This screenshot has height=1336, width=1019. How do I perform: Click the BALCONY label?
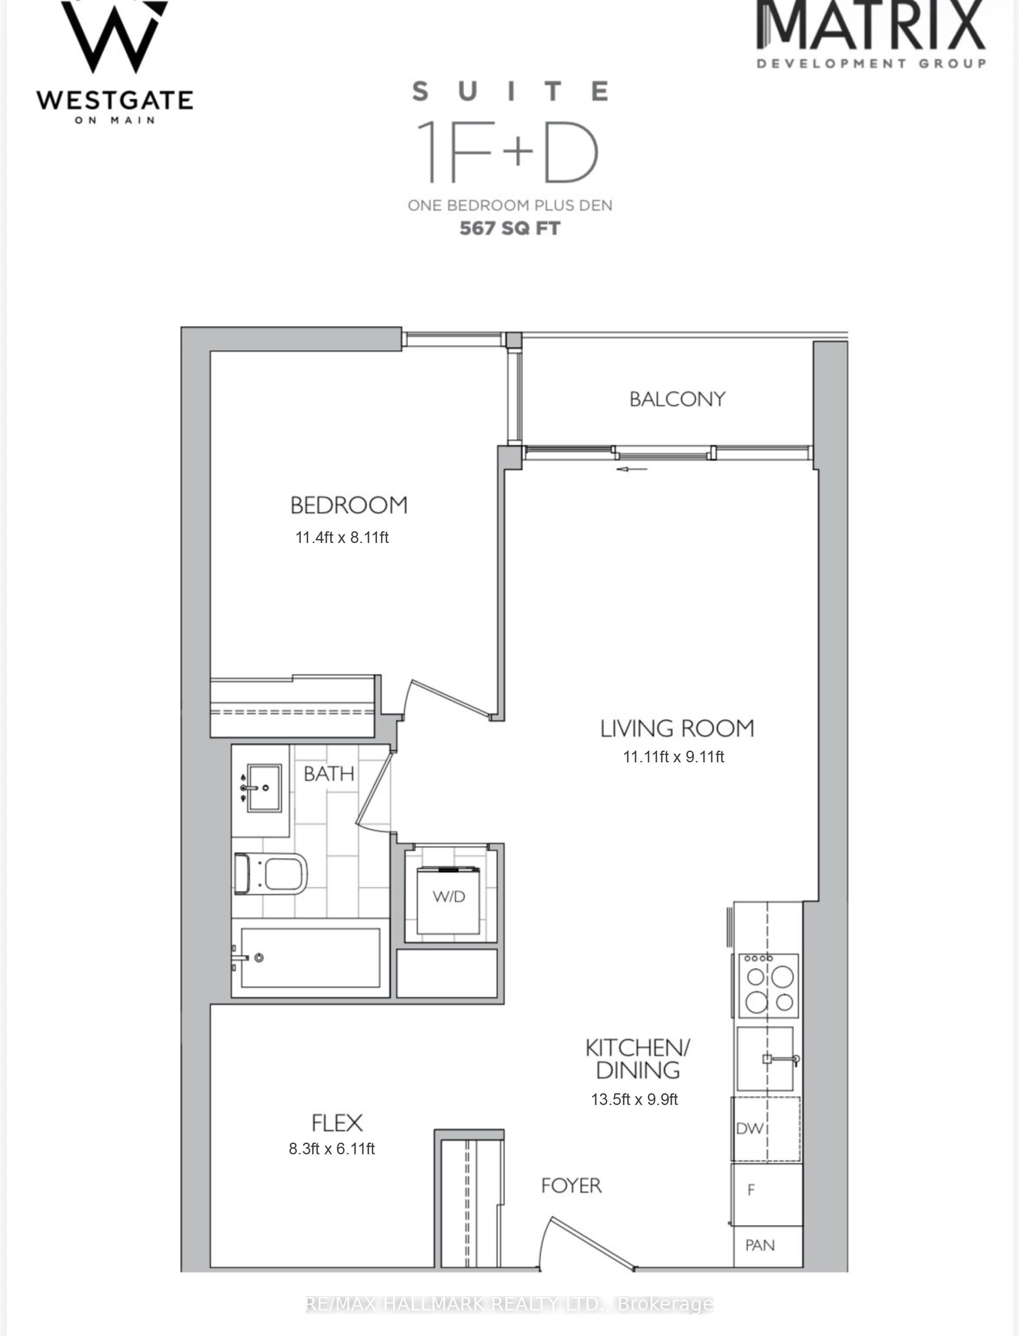677,399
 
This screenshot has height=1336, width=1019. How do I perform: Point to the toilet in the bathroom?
271,874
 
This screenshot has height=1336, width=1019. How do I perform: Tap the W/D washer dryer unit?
448,901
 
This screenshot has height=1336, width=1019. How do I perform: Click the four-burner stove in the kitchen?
768,986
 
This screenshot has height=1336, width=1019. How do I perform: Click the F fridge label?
751,1190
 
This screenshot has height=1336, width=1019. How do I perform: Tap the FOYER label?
571,1185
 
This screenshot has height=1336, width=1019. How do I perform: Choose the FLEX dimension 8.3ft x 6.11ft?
332,1148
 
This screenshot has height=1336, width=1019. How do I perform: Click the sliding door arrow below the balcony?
632,469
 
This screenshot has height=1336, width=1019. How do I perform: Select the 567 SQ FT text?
510,228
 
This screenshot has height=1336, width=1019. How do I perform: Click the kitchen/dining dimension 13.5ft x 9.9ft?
635,1099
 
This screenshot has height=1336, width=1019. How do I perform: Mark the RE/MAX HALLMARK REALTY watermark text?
509,1304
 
